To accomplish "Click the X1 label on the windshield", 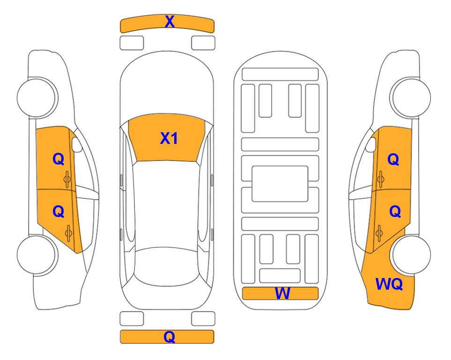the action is [169, 138].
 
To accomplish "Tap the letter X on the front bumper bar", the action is [170, 21].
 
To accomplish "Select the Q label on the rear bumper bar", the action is [170, 337].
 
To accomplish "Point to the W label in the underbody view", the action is [282, 293].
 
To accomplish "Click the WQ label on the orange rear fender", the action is [389, 284].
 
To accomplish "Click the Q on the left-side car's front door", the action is [59, 159].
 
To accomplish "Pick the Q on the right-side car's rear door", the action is [395, 212].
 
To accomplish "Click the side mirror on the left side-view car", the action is [76, 144].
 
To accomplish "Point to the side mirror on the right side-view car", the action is [371, 144].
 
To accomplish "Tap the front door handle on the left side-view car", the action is [67, 179].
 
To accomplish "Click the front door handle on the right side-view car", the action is [381, 179].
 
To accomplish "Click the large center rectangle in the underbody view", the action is [280, 184].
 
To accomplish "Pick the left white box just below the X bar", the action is [132, 43].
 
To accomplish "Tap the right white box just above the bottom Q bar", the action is [203, 319].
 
